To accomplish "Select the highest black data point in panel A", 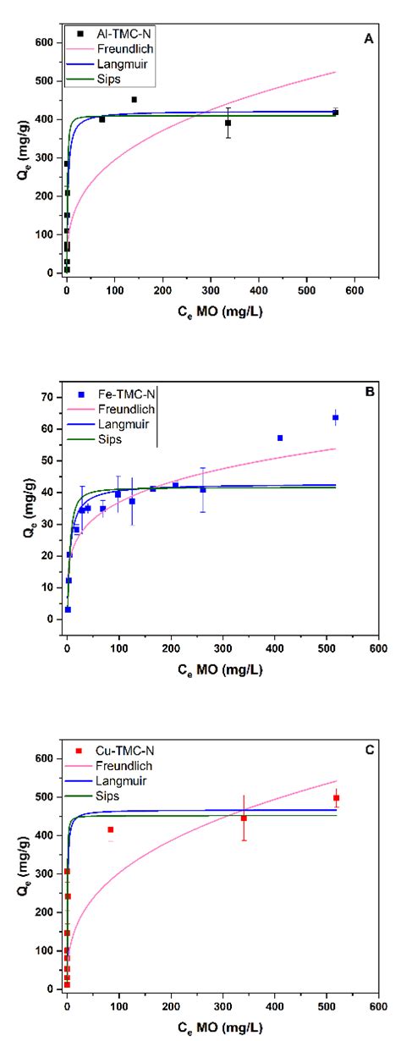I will click(x=134, y=100).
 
